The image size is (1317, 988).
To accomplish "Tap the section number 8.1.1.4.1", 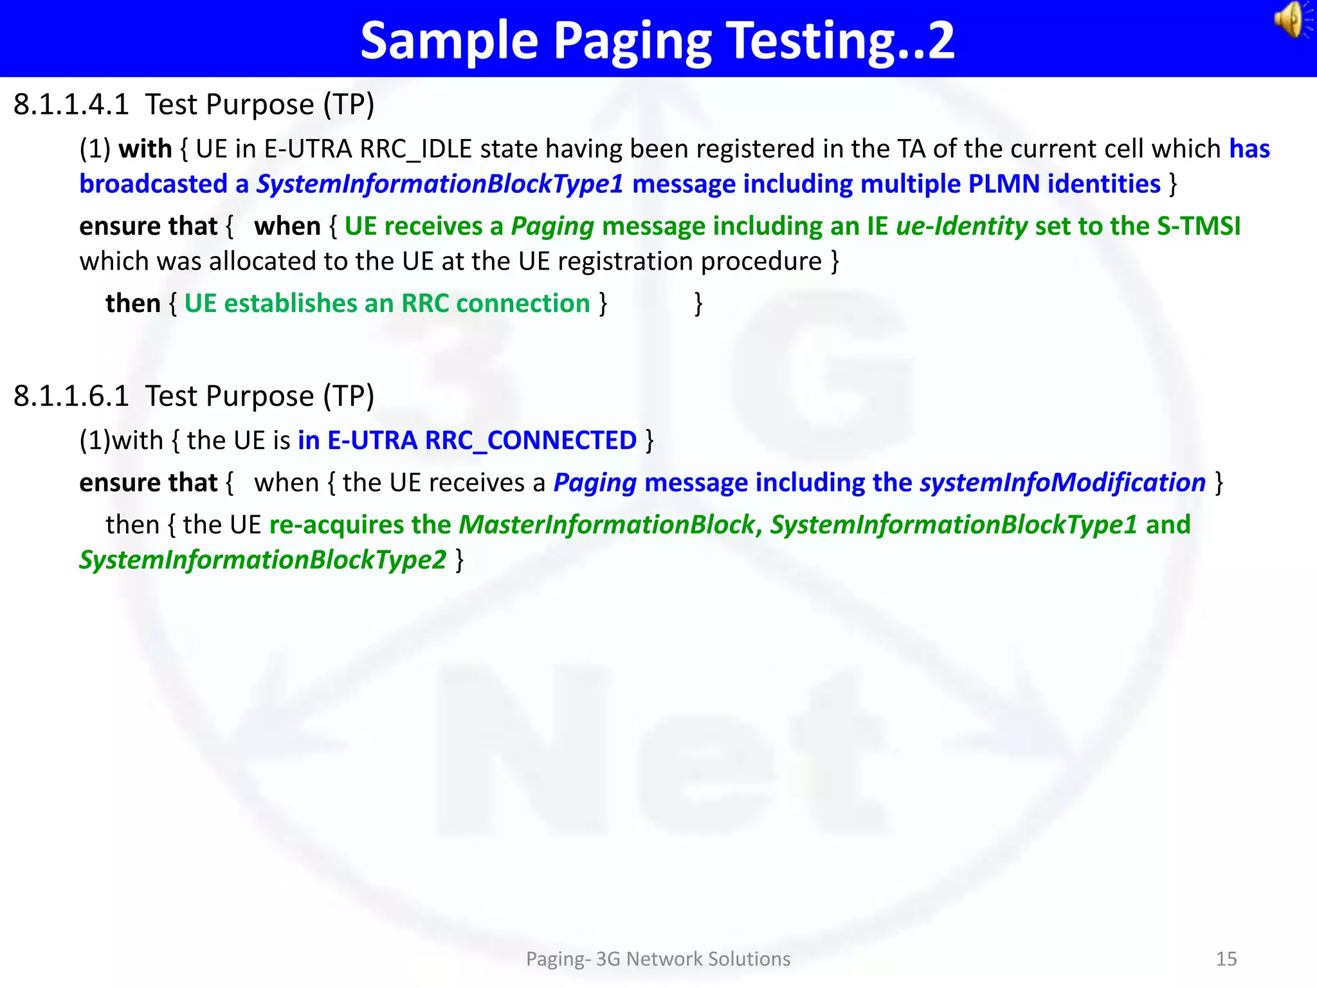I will pyautogui.click(x=71, y=104).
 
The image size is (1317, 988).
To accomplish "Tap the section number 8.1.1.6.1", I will pyautogui.click(x=71, y=396).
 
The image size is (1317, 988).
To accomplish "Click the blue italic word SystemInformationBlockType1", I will pyautogui.click(x=440, y=185).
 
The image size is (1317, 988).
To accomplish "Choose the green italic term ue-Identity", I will pyautogui.click(x=961, y=226).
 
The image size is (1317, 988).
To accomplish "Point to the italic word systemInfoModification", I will pyautogui.click(x=1062, y=483).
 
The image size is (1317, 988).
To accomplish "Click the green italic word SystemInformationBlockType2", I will pyautogui.click(x=262, y=560).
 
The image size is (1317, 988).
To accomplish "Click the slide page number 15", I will pyautogui.click(x=1226, y=959).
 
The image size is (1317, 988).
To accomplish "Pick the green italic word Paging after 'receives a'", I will pyautogui.click(x=552, y=226).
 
